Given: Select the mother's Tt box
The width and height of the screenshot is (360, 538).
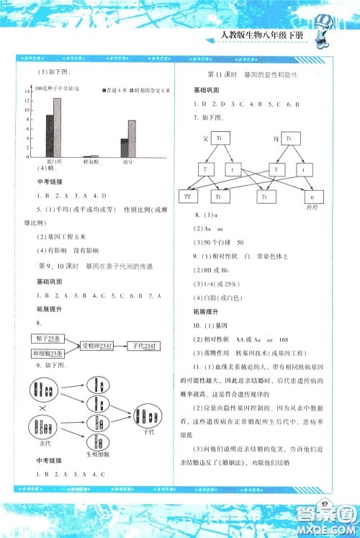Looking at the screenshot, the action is (x=289, y=139).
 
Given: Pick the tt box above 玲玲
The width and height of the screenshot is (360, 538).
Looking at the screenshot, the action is (x=312, y=195).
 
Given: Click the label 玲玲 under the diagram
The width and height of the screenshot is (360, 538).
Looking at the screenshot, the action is (x=312, y=207).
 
